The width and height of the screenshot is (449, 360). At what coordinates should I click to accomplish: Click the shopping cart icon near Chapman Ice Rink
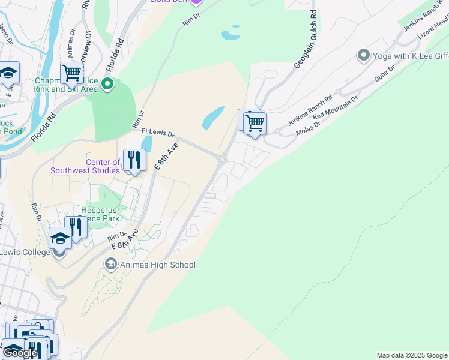71,73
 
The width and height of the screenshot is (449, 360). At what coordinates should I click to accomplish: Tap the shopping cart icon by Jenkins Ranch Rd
255,124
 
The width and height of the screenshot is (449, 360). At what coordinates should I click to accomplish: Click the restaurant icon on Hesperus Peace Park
76,227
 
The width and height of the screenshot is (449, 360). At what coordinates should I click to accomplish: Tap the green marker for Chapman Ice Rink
107,83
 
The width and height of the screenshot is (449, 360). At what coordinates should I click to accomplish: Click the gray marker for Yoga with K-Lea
363,56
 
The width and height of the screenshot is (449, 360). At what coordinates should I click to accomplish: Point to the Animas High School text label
157,265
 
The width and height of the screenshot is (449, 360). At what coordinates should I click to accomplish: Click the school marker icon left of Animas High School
110,264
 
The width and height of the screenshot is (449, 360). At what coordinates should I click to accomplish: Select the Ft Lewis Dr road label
157,134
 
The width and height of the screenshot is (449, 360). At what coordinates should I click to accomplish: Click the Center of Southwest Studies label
103,166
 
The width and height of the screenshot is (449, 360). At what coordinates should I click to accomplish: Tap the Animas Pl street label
73,39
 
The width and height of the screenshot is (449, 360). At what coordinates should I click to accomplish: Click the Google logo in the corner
20,353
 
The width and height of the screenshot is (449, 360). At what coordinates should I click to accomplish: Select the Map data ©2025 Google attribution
412,355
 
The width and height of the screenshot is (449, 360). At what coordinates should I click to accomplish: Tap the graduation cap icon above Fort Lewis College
60,238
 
